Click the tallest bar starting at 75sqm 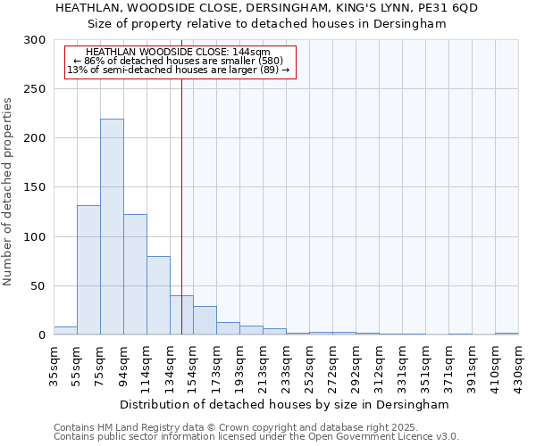click(112, 227)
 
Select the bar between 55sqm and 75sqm click(88, 270)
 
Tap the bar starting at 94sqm click(135, 275)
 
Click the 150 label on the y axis click(36, 188)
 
